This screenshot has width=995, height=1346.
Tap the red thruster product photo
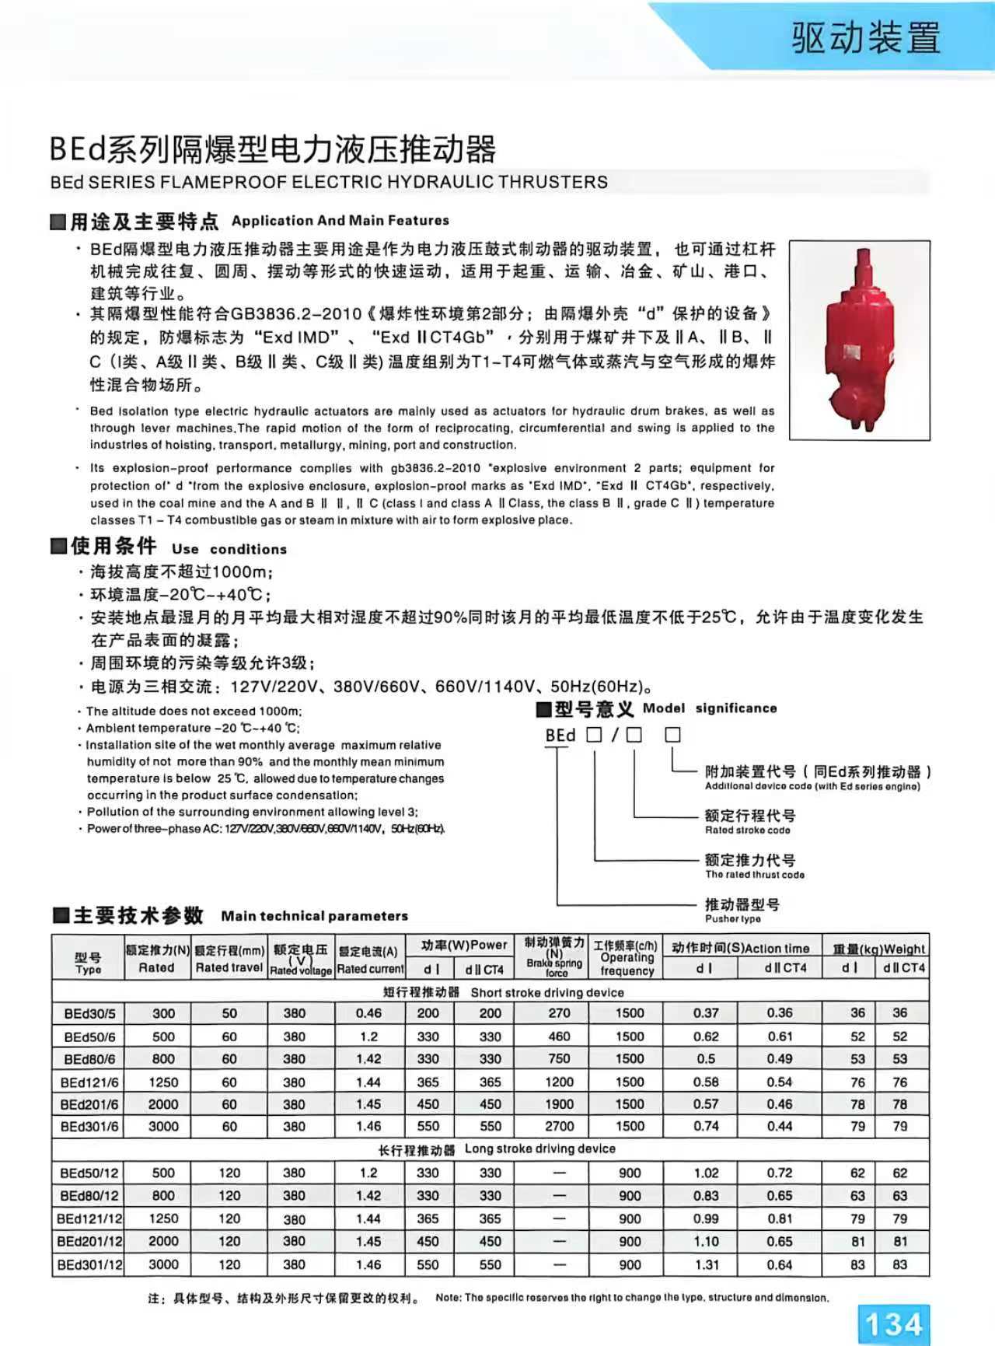click(x=859, y=340)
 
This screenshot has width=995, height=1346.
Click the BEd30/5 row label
click(x=89, y=1013)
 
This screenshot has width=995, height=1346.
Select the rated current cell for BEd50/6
click(x=368, y=1037)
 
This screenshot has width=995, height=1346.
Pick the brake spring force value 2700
click(x=559, y=1126)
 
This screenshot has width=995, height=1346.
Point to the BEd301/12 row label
click(x=89, y=1264)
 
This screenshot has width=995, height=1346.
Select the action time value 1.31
click(x=707, y=1264)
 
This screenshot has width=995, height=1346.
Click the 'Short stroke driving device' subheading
click(x=504, y=992)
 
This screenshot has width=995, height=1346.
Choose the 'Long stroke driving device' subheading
click(x=497, y=1149)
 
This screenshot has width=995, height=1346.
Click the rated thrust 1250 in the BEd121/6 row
click(x=163, y=1082)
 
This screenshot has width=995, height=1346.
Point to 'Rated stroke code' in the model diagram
click(x=747, y=830)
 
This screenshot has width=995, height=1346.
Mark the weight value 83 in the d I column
click(x=857, y=1264)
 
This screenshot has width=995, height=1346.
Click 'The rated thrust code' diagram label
click(x=755, y=874)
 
